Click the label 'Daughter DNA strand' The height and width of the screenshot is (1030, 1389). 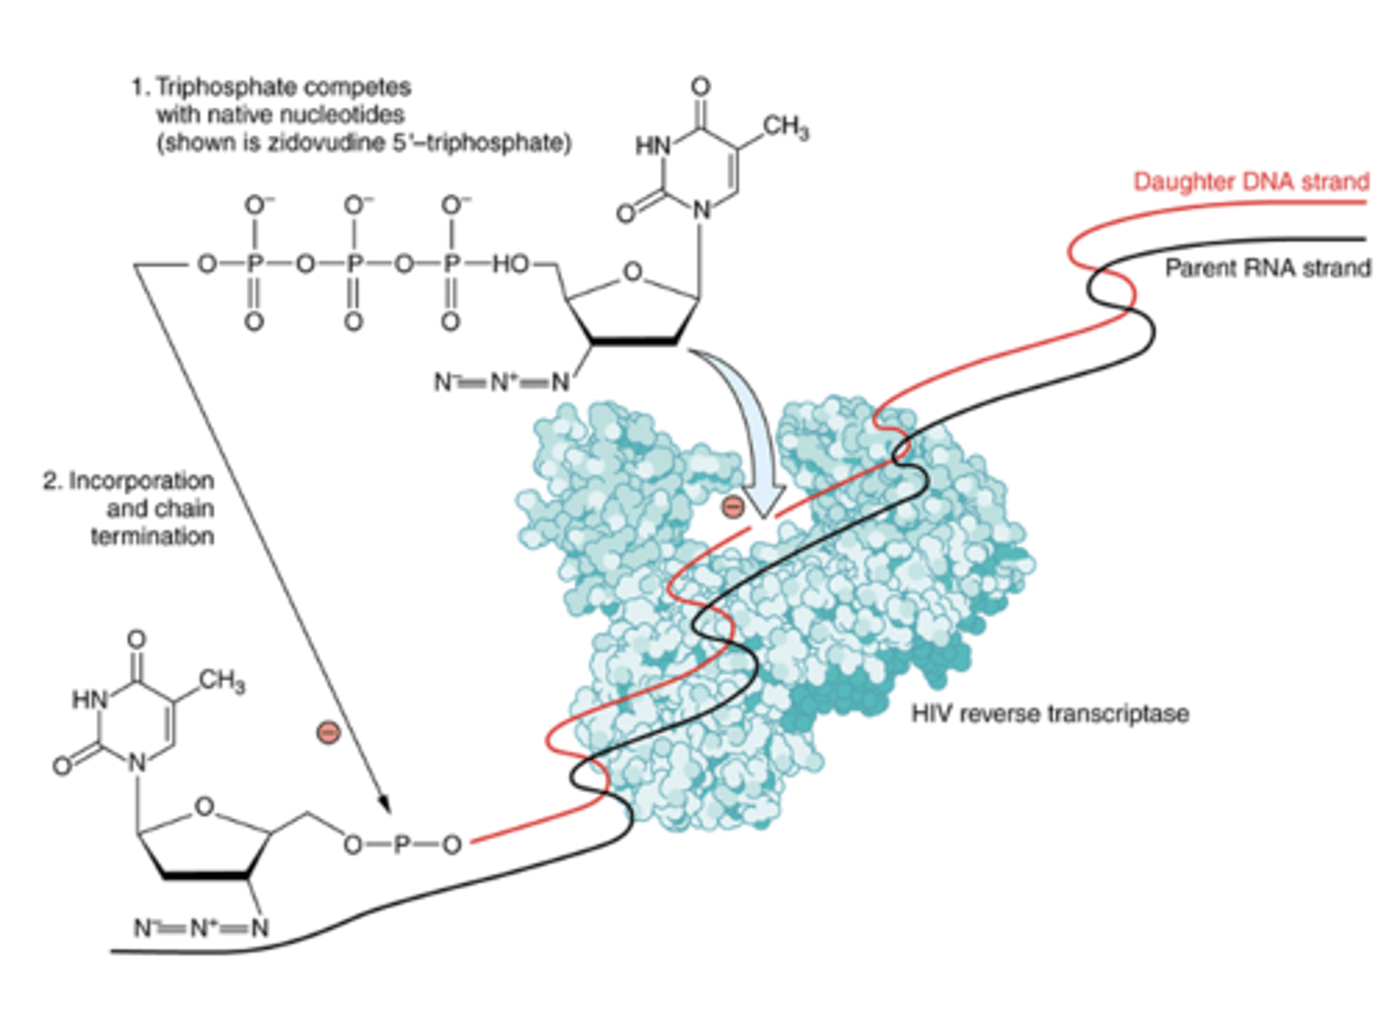[1250, 181]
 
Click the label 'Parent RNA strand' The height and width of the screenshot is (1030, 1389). [1266, 268]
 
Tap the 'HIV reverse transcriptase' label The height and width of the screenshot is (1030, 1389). [1049, 714]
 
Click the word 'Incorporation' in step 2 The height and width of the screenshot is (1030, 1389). [141, 480]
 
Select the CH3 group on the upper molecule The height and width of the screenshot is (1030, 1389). [785, 127]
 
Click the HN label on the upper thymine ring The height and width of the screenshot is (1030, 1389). [652, 146]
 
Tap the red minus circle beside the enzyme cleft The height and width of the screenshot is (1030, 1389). [733, 506]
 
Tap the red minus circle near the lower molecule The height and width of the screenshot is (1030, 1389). [329, 733]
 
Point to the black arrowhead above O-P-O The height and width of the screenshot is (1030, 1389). [384, 802]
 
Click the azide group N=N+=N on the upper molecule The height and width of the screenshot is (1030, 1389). [502, 382]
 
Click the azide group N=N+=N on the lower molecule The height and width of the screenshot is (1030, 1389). [201, 928]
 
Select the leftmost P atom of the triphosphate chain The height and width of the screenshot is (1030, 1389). [255, 263]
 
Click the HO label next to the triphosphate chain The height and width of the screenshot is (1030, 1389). [510, 263]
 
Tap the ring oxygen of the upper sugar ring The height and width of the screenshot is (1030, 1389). [632, 272]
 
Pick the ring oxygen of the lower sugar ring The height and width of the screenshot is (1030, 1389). [204, 806]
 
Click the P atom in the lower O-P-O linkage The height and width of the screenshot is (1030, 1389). [402, 845]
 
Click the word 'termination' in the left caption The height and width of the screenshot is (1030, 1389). [152, 536]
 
